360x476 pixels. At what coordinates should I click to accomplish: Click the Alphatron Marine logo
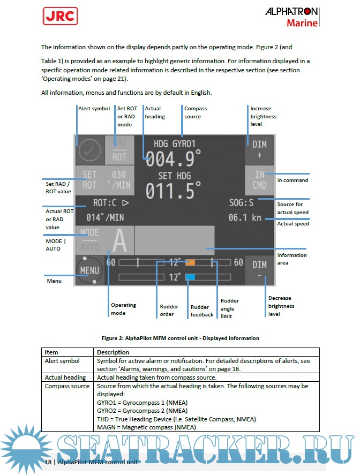point(291,17)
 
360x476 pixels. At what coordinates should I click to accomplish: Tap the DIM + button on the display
point(259,149)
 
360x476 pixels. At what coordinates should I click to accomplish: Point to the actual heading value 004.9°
point(174,159)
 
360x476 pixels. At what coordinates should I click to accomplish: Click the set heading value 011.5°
point(174,191)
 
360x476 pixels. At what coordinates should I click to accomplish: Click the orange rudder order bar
point(190,263)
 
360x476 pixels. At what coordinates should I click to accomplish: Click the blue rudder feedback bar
point(190,277)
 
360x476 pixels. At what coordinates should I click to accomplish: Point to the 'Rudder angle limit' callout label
point(230,308)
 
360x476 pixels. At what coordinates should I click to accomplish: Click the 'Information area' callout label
point(292,259)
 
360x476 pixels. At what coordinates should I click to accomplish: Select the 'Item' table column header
point(51,352)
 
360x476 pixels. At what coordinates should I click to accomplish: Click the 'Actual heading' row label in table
point(65,377)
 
